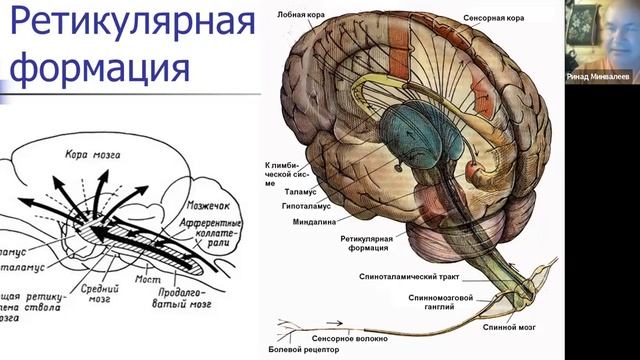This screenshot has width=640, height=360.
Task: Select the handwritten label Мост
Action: click(149, 280)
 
